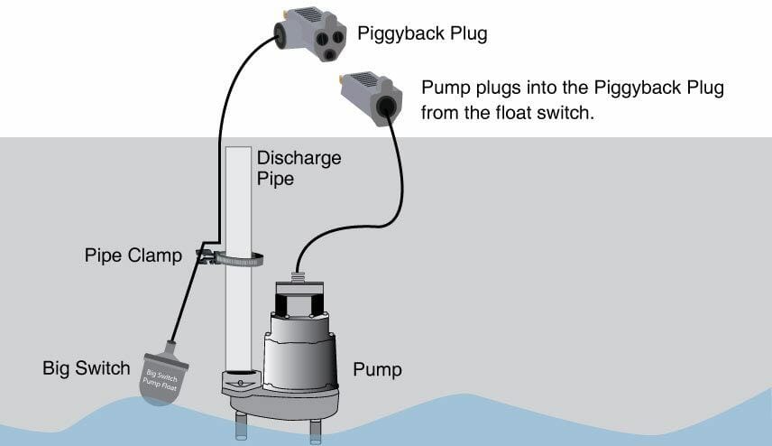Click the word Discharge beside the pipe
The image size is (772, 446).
tap(299, 158)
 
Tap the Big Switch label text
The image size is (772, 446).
tap(87, 369)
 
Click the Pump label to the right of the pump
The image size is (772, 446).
tap(378, 370)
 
